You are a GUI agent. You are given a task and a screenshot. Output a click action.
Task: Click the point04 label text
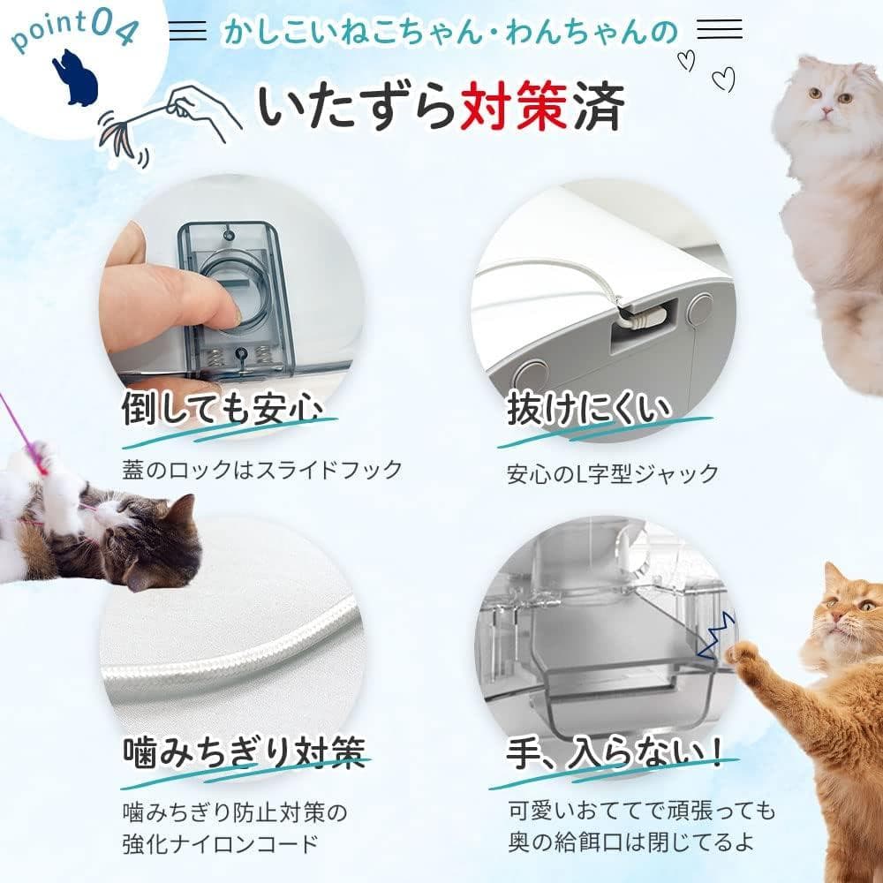(75, 31)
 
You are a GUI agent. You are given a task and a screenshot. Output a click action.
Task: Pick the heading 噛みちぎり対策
(243, 753)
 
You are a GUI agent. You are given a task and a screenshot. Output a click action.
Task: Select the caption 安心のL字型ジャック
(613, 472)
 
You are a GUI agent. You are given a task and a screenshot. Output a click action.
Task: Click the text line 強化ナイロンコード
(220, 843)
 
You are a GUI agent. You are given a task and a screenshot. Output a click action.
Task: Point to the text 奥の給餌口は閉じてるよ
(630, 841)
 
